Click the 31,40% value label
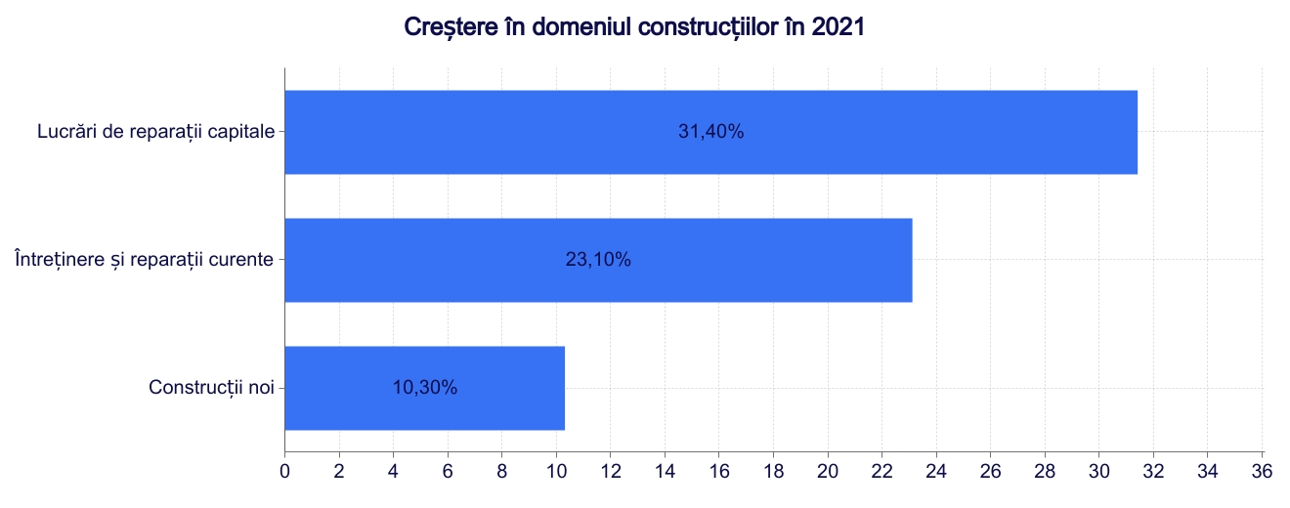point(710,132)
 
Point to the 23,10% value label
point(598,260)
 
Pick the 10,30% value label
point(424,388)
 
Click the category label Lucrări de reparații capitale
point(155,132)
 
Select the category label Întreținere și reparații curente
point(144,260)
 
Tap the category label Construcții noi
point(211,388)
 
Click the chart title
point(634,27)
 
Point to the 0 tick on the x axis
point(284,471)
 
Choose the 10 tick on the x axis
point(556,471)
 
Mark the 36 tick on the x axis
point(1262,471)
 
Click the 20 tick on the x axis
point(828,471)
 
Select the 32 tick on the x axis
point(1153,471)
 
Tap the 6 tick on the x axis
point(448,471)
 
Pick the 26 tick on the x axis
point(990,471)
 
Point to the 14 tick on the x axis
point(665,471)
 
